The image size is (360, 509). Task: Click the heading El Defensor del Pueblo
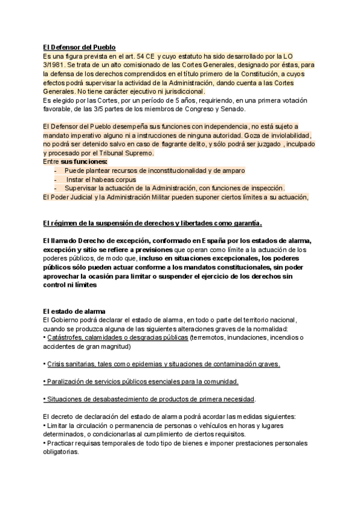[79, 47]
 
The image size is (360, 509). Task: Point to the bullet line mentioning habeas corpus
[101, 179]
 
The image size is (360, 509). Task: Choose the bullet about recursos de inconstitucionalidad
[150, 170]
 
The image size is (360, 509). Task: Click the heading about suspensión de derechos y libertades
[153, 223]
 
